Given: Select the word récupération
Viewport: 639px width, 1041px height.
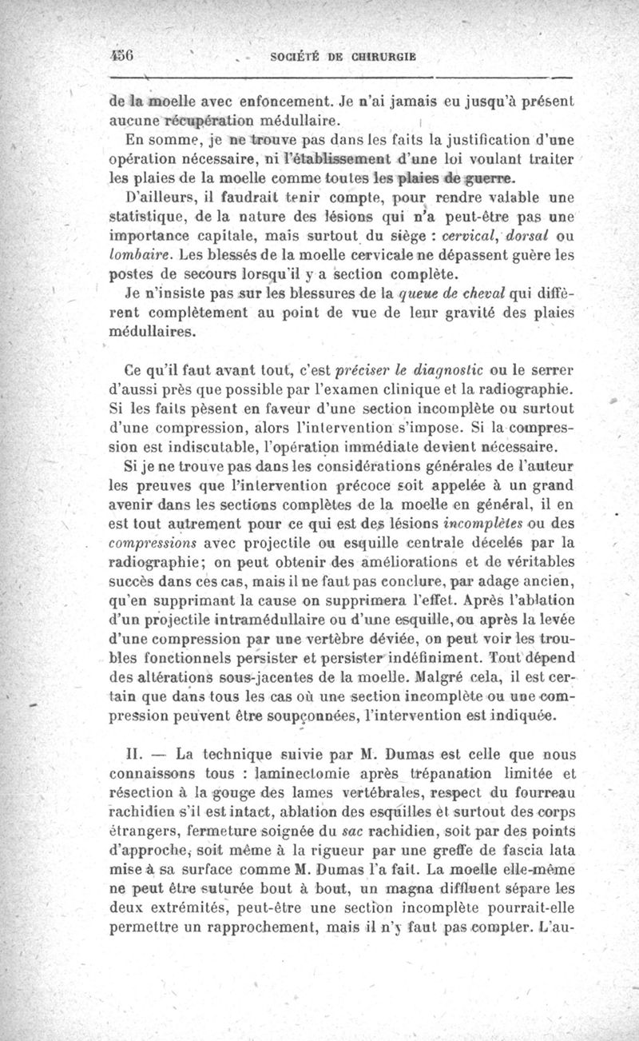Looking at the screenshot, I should pyautogui.click(x=209, y=122).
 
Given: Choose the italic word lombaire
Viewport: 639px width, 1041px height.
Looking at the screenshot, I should pyautogui.click(x=136, y=254).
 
